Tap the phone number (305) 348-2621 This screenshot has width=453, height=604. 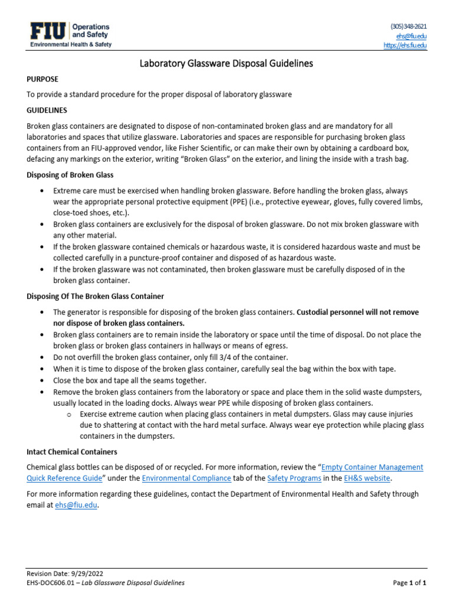point(408,27)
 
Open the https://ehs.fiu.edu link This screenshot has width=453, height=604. point(405,45)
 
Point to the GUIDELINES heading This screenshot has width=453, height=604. point(47,110)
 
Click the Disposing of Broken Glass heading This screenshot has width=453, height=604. point(70,175)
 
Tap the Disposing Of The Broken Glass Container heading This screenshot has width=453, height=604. point(96,296)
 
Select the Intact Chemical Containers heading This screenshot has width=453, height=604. point(72,452)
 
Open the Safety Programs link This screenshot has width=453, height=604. point(294,478)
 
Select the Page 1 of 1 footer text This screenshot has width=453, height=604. point(409,583)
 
